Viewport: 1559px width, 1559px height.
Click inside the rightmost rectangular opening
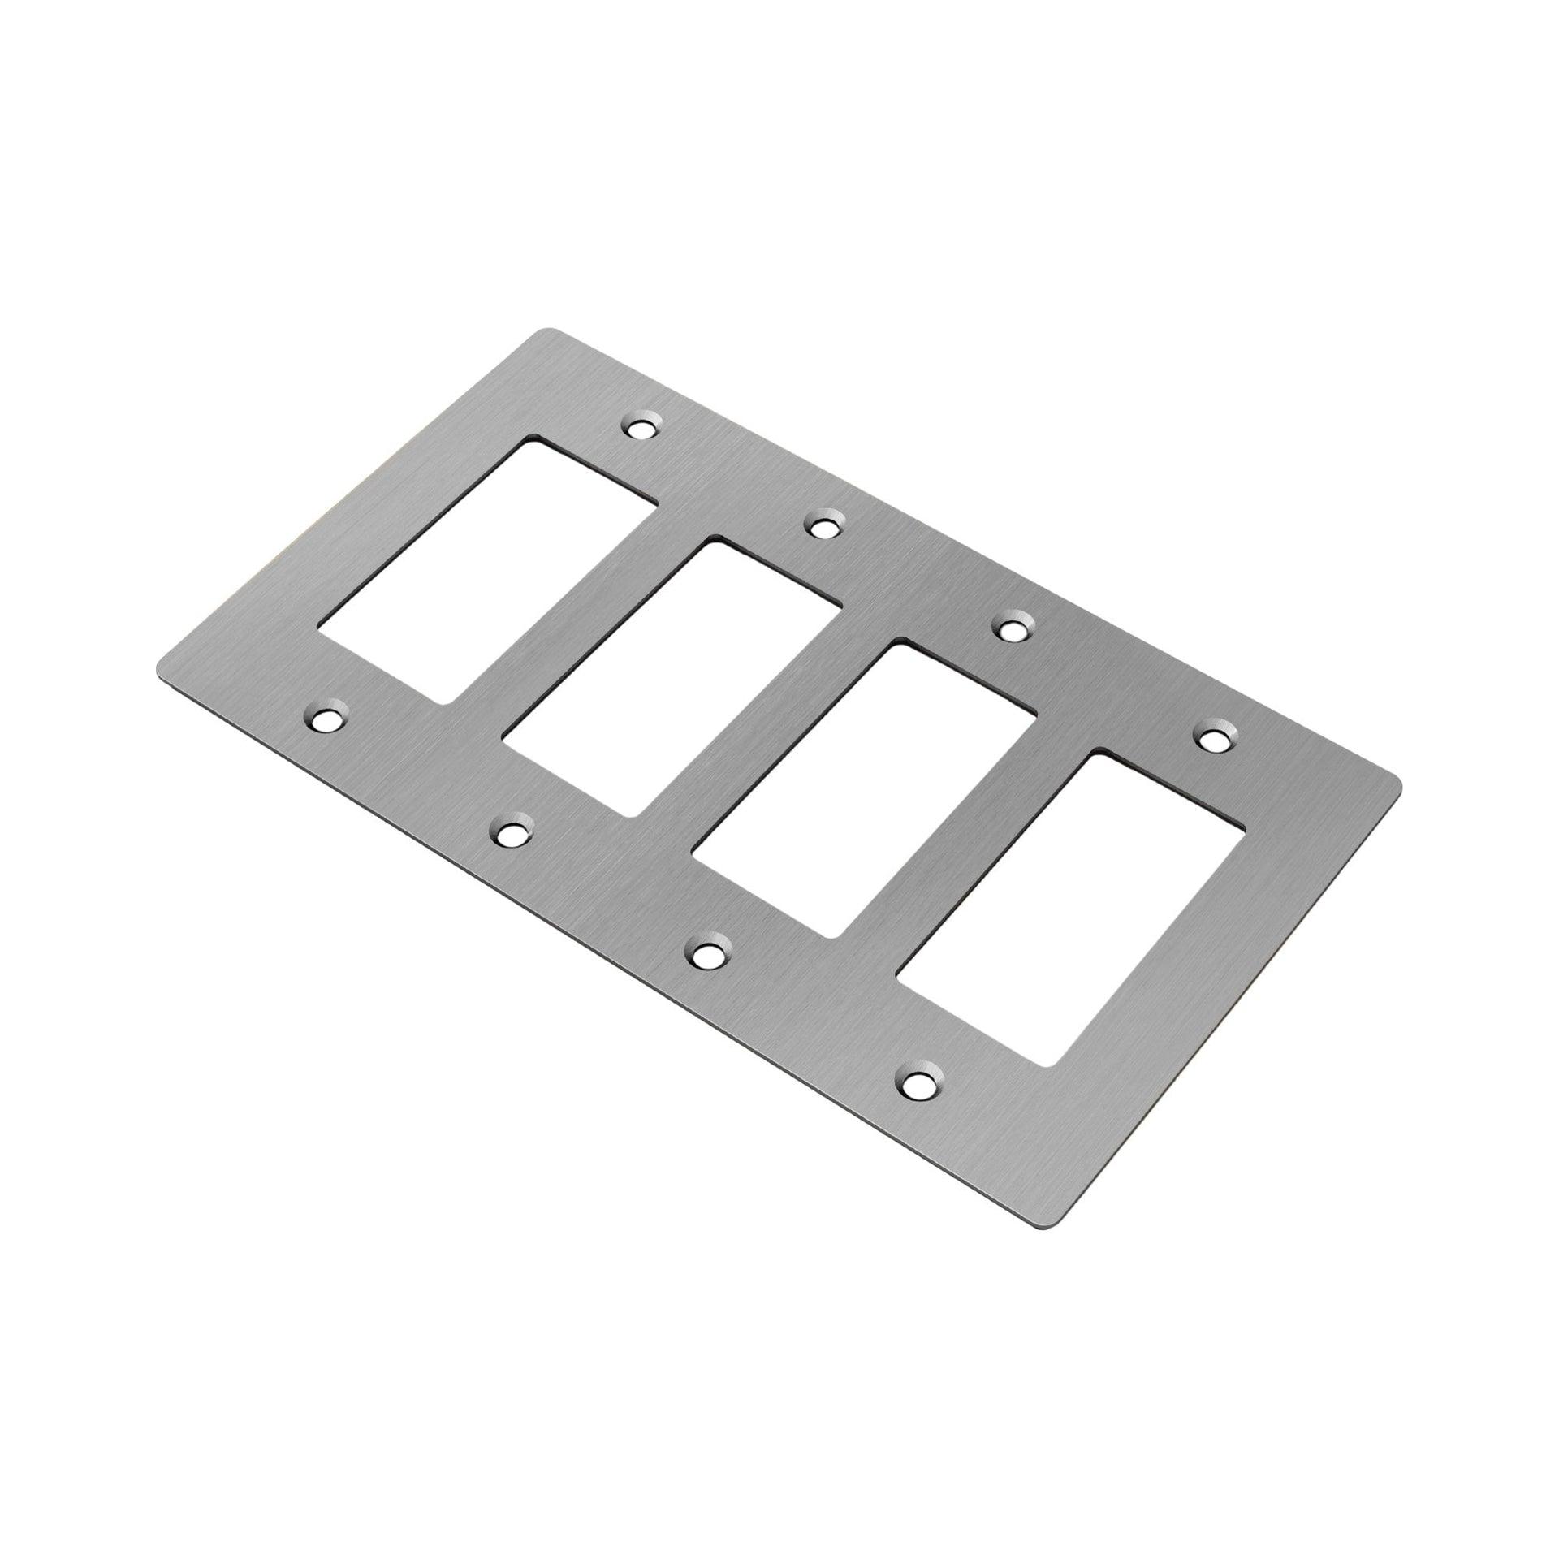(1069, 931)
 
